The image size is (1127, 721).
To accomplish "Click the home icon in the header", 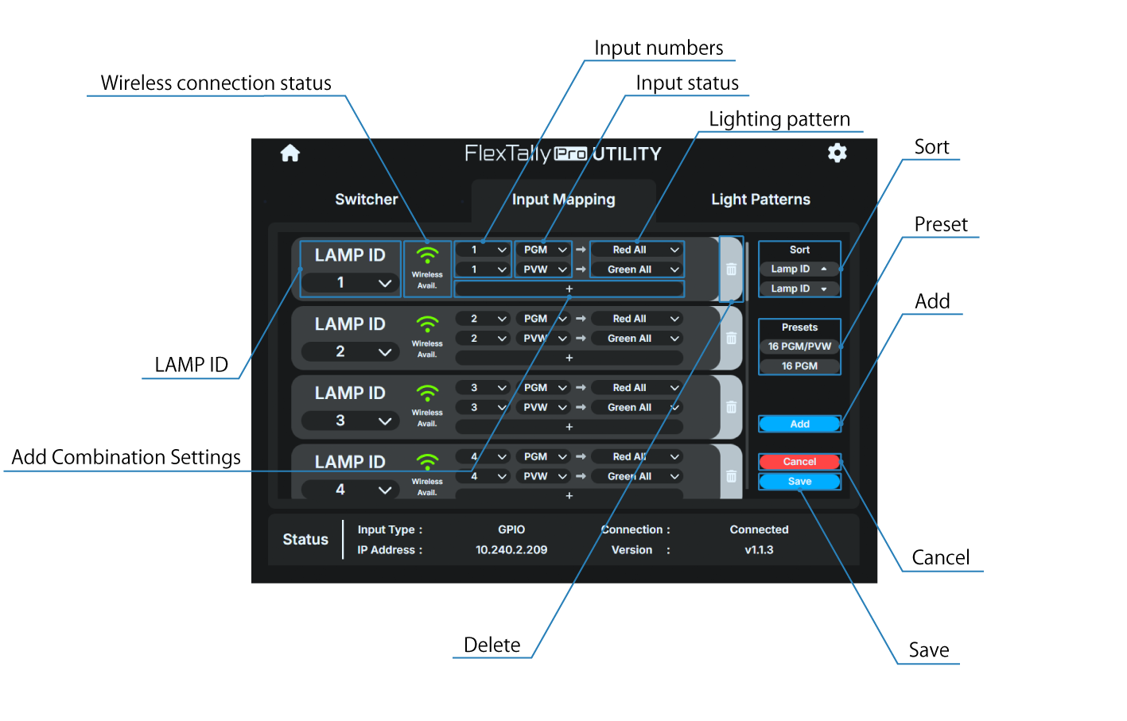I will click(290, 153).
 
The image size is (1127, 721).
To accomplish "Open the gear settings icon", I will click(837, 153).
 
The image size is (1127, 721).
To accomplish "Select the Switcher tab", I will click(366, 200).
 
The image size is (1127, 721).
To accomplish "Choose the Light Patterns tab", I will click(760, 200).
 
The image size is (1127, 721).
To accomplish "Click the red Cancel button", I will click(799, 462).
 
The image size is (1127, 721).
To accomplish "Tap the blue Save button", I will click(799, 482).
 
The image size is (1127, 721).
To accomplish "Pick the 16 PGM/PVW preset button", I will click(799, 347).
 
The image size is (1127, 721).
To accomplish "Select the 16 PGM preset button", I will click(799, 366).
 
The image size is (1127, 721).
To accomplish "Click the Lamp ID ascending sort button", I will click(799, 269).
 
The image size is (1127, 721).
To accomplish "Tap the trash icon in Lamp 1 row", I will click(731, 269).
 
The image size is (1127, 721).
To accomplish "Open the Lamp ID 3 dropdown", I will click(350, 421).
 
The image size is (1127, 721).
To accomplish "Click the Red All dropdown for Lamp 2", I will click(637, 319).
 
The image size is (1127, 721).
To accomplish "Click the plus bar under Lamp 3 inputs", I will click(569, 427).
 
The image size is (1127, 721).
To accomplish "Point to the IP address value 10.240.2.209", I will click(511, 550).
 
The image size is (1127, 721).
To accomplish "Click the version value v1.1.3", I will click(759, 550).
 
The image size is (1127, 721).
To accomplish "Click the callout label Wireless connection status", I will click(216, 83).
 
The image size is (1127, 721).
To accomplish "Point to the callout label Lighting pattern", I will click(779, 119).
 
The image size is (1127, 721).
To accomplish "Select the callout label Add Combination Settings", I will click(126, 458).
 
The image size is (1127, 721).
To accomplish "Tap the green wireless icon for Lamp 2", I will click(427, 324).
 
